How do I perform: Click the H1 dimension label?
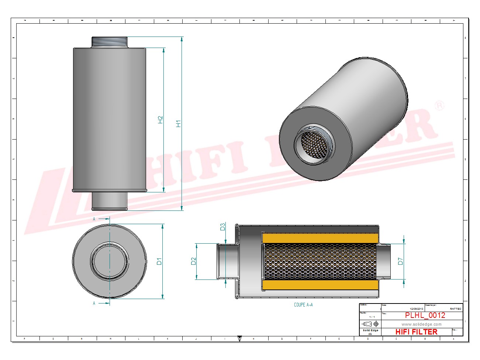(x=179, y=124)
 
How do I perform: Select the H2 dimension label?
(x=160, y=120)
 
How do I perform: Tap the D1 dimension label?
(x=159, y=261)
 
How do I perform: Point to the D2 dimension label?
(x=193, y=261)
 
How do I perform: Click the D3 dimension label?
(x=222, y=227)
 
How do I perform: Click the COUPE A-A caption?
(x=303, y=305)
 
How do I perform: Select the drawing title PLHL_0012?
(x=425, y=315)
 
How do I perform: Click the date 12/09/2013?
(x=417, y=309)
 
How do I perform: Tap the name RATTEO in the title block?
(x=455, y=309)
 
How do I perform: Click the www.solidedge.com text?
(x=421, y=324)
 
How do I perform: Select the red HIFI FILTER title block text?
(x=416, y=332)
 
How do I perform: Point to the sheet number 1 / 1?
(x=372, y=317)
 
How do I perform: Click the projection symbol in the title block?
(x=370, y=324)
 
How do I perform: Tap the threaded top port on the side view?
(x=109, y=42)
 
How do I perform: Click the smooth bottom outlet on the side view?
(x=109, y=201)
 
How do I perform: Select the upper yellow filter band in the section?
(x=320, y=238)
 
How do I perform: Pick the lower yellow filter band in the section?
(x=320, y=285)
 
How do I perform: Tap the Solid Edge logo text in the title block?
(x=370, y=330)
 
